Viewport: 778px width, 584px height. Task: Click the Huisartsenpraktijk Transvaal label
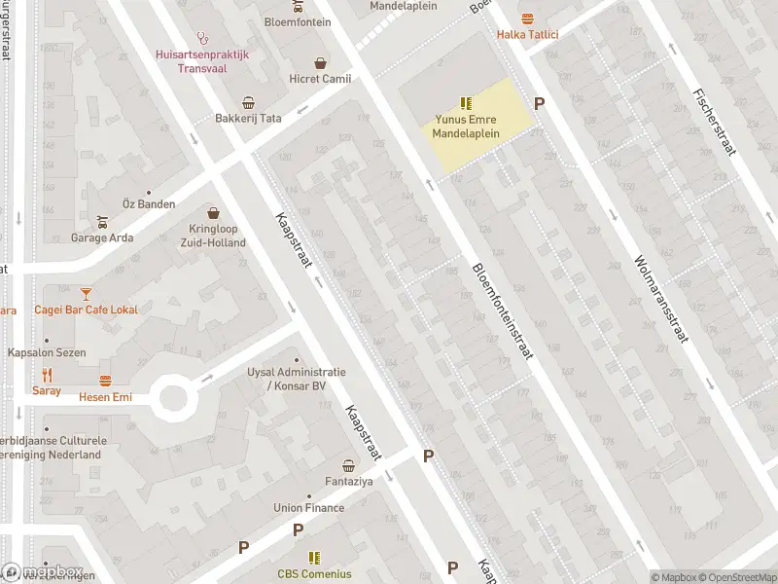click(201, 60)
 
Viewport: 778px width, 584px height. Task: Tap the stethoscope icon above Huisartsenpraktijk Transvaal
click(202, 38)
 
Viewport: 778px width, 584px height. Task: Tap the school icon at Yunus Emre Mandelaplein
click(466, 102)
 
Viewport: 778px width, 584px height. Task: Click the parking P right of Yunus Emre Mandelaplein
click(540, 103)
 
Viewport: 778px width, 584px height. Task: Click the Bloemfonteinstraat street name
click(502, 311)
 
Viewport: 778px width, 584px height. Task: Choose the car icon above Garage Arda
click(102, 221)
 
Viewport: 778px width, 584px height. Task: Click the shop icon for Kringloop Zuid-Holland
click(213, 213)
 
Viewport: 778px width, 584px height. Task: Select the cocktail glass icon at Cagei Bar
click(86, 292)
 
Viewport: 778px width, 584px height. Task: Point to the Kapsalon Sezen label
click(47, 352)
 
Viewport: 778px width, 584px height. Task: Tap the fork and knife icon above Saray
click(46, 375)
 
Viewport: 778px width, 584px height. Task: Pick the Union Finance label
click(309, 507)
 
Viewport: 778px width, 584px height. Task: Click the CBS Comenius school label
click(314, 574)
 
